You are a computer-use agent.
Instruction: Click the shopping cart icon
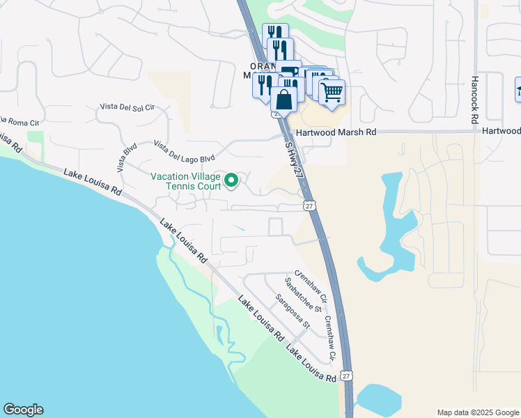click(x=332, y=91)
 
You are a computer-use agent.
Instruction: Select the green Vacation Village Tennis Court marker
click(x=233, y=181)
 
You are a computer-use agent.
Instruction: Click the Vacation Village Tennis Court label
click(x=185, y=181)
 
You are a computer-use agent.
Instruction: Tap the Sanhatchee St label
click(x=302, y=295)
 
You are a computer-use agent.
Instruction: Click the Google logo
click(x=23, y=410)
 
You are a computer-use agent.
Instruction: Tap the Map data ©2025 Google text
click(x=477, y=412)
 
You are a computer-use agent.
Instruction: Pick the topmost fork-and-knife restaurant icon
click(x=275, y=33)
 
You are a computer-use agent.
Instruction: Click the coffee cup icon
click(x=290, y=69)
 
